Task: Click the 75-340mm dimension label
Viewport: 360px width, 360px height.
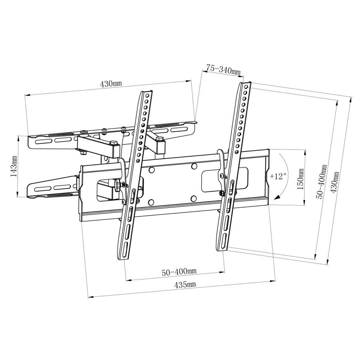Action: coord(223,69)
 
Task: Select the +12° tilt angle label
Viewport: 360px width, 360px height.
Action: coord(278,176)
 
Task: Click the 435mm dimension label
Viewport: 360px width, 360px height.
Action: coord(185,285)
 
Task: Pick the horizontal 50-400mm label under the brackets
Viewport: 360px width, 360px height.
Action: coord(179,272)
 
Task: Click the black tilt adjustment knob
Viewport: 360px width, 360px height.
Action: coord(118,184)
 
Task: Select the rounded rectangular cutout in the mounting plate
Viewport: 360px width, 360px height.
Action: coord(224,180)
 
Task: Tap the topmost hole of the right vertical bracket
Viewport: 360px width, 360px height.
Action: coord(246,87)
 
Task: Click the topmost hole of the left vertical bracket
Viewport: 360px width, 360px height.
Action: coord(147,95)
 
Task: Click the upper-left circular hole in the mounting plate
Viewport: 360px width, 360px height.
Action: coord(151,170)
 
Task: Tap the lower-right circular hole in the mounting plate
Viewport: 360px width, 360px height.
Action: coord(194,198)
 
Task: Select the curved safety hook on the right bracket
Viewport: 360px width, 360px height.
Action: coord(222,171)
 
